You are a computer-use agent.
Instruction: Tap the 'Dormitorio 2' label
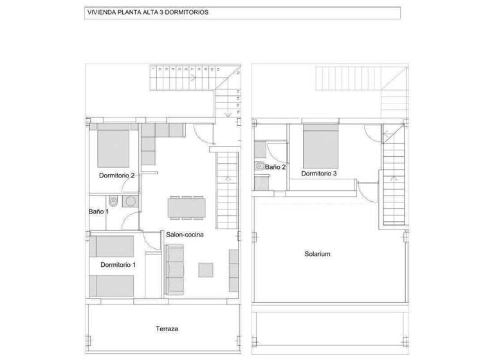click(116, 175)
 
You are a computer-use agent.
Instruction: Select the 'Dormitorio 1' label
click(118, 265)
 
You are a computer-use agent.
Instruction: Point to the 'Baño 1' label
click(98, 212)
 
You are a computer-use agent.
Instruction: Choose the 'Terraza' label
click(167, 329)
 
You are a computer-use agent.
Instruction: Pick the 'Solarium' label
click(317, 254)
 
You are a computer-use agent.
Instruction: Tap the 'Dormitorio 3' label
click(318, 174)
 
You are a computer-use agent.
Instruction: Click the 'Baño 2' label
click(275, 167)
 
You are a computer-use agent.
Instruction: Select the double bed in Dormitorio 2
click(114, 147)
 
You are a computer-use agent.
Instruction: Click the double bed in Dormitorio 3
click(320, 145)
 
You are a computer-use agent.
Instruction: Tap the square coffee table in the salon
click(206, 269)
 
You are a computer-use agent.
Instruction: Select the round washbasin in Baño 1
click(131, 201)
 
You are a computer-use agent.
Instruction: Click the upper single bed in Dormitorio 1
click(111, 246)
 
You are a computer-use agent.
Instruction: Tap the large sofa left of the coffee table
click(176, 270)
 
